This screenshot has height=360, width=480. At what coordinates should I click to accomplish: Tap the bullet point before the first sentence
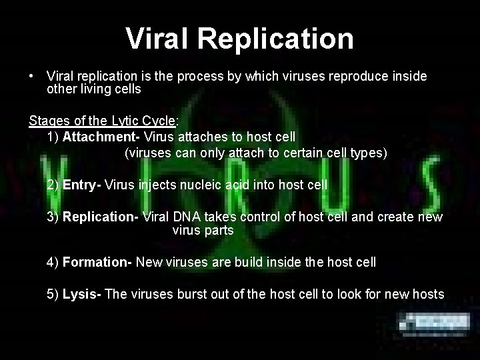[31, 77]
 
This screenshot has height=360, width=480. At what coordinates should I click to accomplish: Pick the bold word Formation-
[97, 262]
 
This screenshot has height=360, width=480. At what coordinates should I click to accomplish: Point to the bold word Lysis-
[82, 294]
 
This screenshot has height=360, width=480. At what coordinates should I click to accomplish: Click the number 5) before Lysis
[53, 294]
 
